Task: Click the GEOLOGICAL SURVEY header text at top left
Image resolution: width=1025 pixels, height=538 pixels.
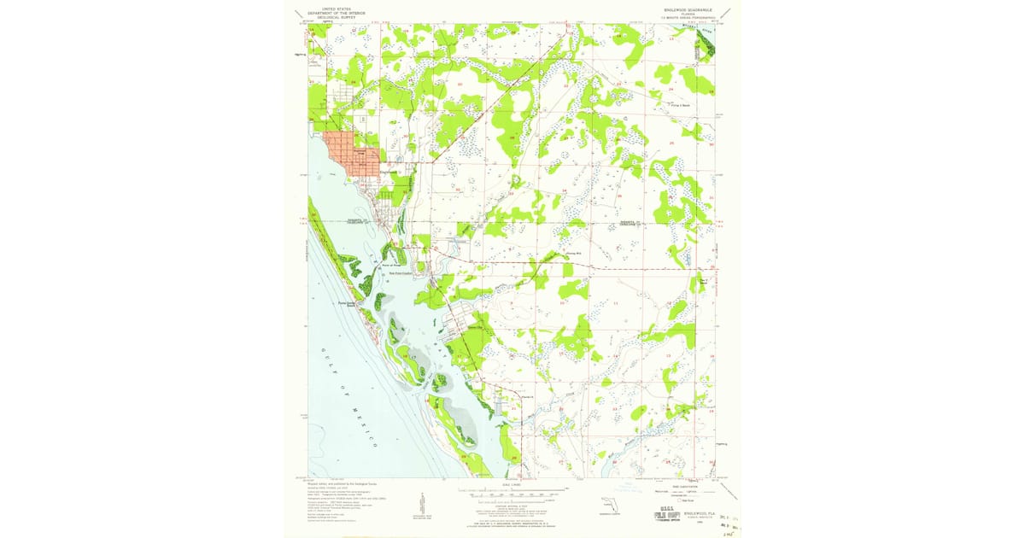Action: pos(337,15)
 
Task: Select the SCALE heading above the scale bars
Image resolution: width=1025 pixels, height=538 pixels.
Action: pos(512,483)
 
